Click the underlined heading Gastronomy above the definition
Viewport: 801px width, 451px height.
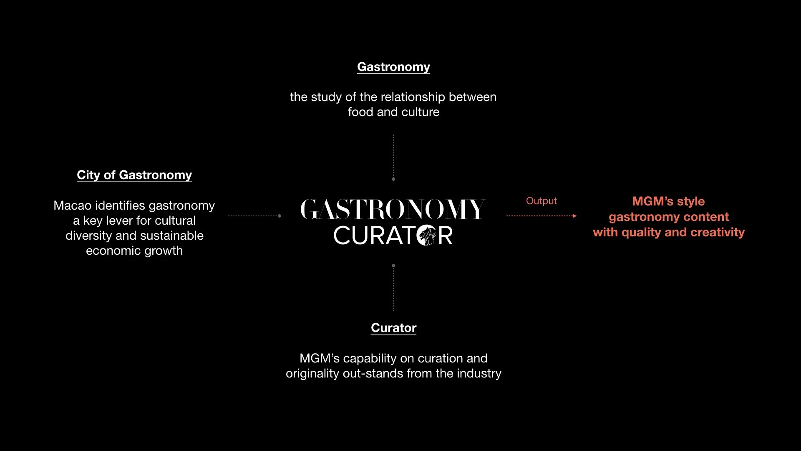pos(393,67)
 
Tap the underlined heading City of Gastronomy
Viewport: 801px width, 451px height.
pos(134,175)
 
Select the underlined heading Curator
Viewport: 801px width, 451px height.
pos(393,328)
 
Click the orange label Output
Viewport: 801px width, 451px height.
pos(541,201)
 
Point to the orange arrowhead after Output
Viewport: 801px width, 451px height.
pos(574,216)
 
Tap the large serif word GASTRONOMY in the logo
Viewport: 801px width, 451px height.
pos(393,209)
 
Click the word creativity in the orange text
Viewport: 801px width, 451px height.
pos(718,232)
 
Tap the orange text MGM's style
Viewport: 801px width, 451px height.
pos(668,201)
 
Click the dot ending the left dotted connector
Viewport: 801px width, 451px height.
pos(280,216)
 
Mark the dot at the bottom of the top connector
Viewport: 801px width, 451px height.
pos(393,179)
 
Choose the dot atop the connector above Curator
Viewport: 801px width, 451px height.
pos(393,266)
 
